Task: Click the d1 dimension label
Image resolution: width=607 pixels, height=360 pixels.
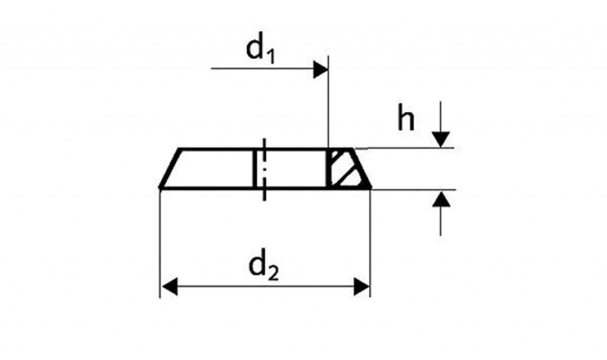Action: tap(261, 50)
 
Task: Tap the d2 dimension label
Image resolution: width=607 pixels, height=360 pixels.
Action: tap(263, 267)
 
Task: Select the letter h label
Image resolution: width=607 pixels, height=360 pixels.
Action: tap(406, 118)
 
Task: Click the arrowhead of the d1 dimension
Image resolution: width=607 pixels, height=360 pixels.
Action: tap(321, 69)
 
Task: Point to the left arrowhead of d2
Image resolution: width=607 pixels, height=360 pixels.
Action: tap(169, 287)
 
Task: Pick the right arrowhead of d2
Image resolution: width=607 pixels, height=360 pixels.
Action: tap(362, 287)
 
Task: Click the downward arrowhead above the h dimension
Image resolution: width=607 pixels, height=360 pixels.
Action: tap(441, 139)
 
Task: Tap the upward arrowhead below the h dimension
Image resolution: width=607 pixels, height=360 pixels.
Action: tap(441, 199)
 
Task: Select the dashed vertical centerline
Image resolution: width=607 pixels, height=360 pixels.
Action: tap(264, 170)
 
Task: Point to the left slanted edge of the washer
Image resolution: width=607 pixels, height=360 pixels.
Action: tap(170, 168)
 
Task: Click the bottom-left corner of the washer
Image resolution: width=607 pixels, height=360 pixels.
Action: tap(160, 188)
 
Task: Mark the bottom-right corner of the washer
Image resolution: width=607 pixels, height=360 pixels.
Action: tap(371, 188)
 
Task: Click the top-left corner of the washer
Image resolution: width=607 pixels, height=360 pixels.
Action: tap(180, 149)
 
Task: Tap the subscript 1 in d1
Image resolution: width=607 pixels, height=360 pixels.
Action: tap(270, 57)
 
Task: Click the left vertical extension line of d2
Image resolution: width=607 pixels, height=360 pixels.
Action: tap(160, 243)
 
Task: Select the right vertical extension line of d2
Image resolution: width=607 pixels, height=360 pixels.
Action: tap(370, 243)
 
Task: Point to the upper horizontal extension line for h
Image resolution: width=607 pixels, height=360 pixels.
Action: tap(404, 148)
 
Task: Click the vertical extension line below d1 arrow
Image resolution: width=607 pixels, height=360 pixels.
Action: tap(328, 102)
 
